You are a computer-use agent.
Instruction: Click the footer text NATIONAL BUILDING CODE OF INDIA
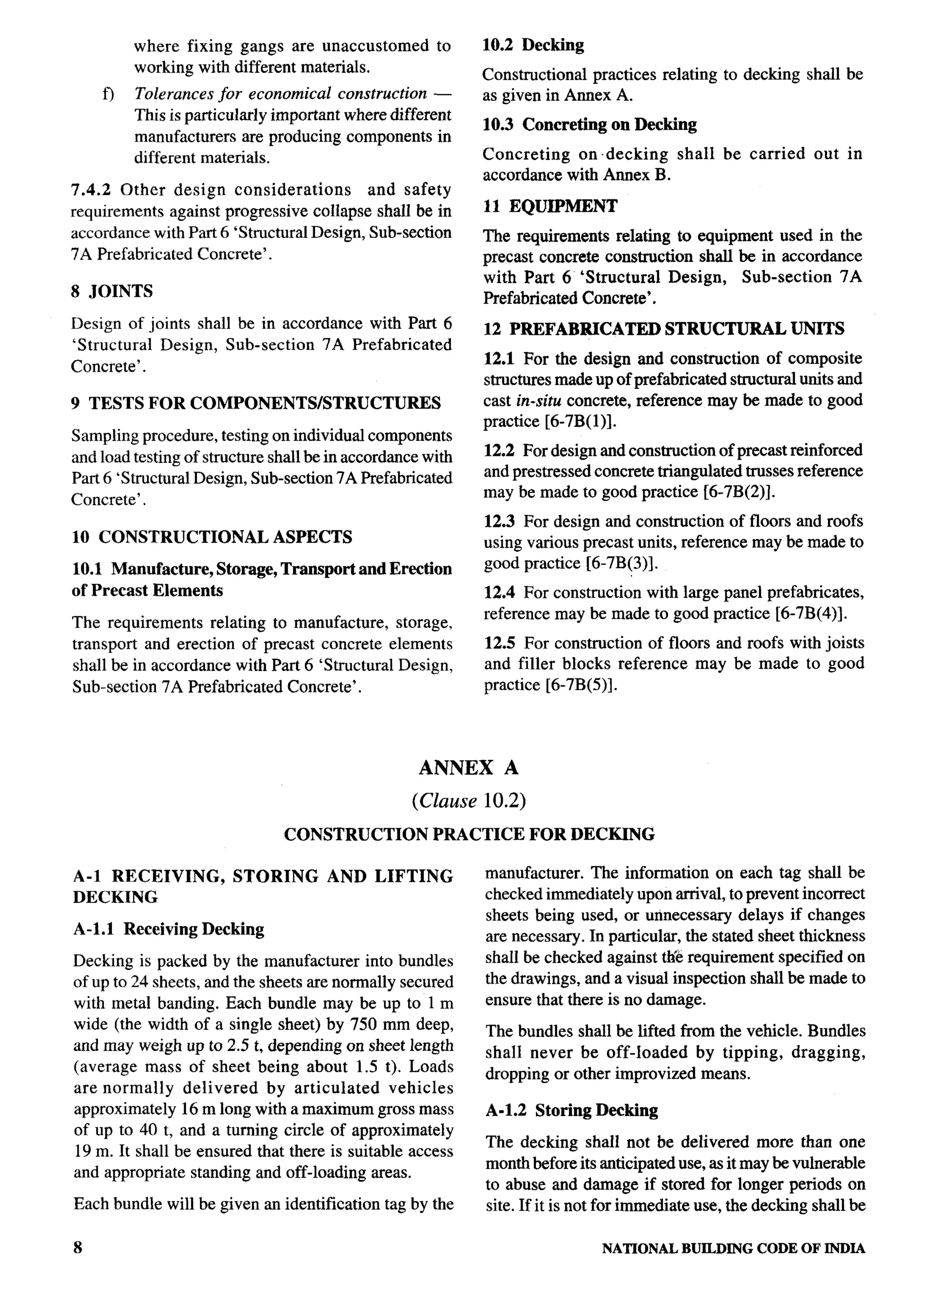733,1249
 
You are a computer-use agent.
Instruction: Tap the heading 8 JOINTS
112,291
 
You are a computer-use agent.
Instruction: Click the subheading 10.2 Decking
533,45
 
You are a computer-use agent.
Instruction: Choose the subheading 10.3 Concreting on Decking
589,125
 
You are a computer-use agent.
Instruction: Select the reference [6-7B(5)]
581,685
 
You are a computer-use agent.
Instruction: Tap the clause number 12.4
499,593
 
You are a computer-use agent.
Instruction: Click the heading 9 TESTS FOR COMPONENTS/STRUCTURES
256,403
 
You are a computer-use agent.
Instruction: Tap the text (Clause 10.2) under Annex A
468,801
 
